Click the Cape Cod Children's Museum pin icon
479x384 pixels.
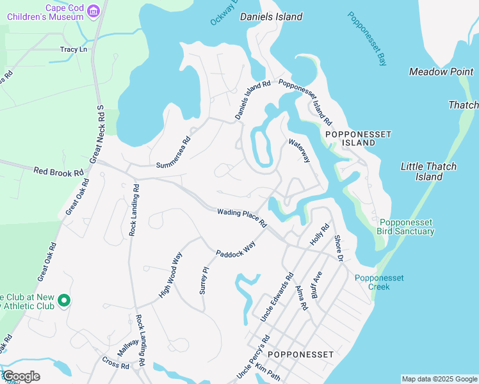(x=93, y=11)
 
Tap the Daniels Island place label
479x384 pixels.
(x=271, y=17)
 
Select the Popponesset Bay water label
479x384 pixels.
(x=368, y=38)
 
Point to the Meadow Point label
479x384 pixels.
(x=441, y=72)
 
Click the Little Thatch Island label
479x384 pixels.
(x=428, y=172)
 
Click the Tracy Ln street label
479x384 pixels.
(x=73, y=49)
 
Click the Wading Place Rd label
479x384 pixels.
(x=241, y=218)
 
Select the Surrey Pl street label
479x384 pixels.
(x=205, y=279)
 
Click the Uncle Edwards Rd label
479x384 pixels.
(x=277, y=297)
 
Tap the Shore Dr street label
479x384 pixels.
(x=339, y=248)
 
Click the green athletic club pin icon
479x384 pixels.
(x=63, y=300)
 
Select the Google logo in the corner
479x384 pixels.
(x=20, y=376)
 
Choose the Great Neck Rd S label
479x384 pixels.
(x=97, y=133)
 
